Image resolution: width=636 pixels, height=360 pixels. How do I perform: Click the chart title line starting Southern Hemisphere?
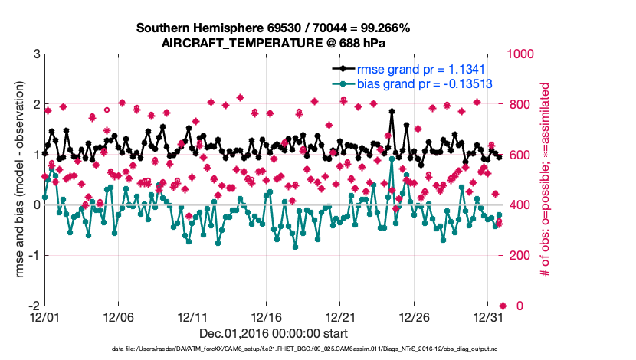(274, 28)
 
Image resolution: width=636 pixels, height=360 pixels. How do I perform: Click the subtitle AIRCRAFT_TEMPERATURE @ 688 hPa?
(274, 43)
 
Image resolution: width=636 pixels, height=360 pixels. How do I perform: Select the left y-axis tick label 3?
(37, 54)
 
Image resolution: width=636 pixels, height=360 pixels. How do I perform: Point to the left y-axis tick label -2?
(34, 306)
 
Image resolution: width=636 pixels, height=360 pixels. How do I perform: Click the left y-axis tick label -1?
(34, 255)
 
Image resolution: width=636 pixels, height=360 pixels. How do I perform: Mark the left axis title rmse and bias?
(15, 180)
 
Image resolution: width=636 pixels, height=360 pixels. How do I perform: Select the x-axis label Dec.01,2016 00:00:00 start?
(274, 333)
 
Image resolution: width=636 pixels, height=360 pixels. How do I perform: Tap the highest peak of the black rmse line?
(392, 111)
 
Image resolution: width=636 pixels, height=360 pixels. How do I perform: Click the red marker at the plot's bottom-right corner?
(503, 306)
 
